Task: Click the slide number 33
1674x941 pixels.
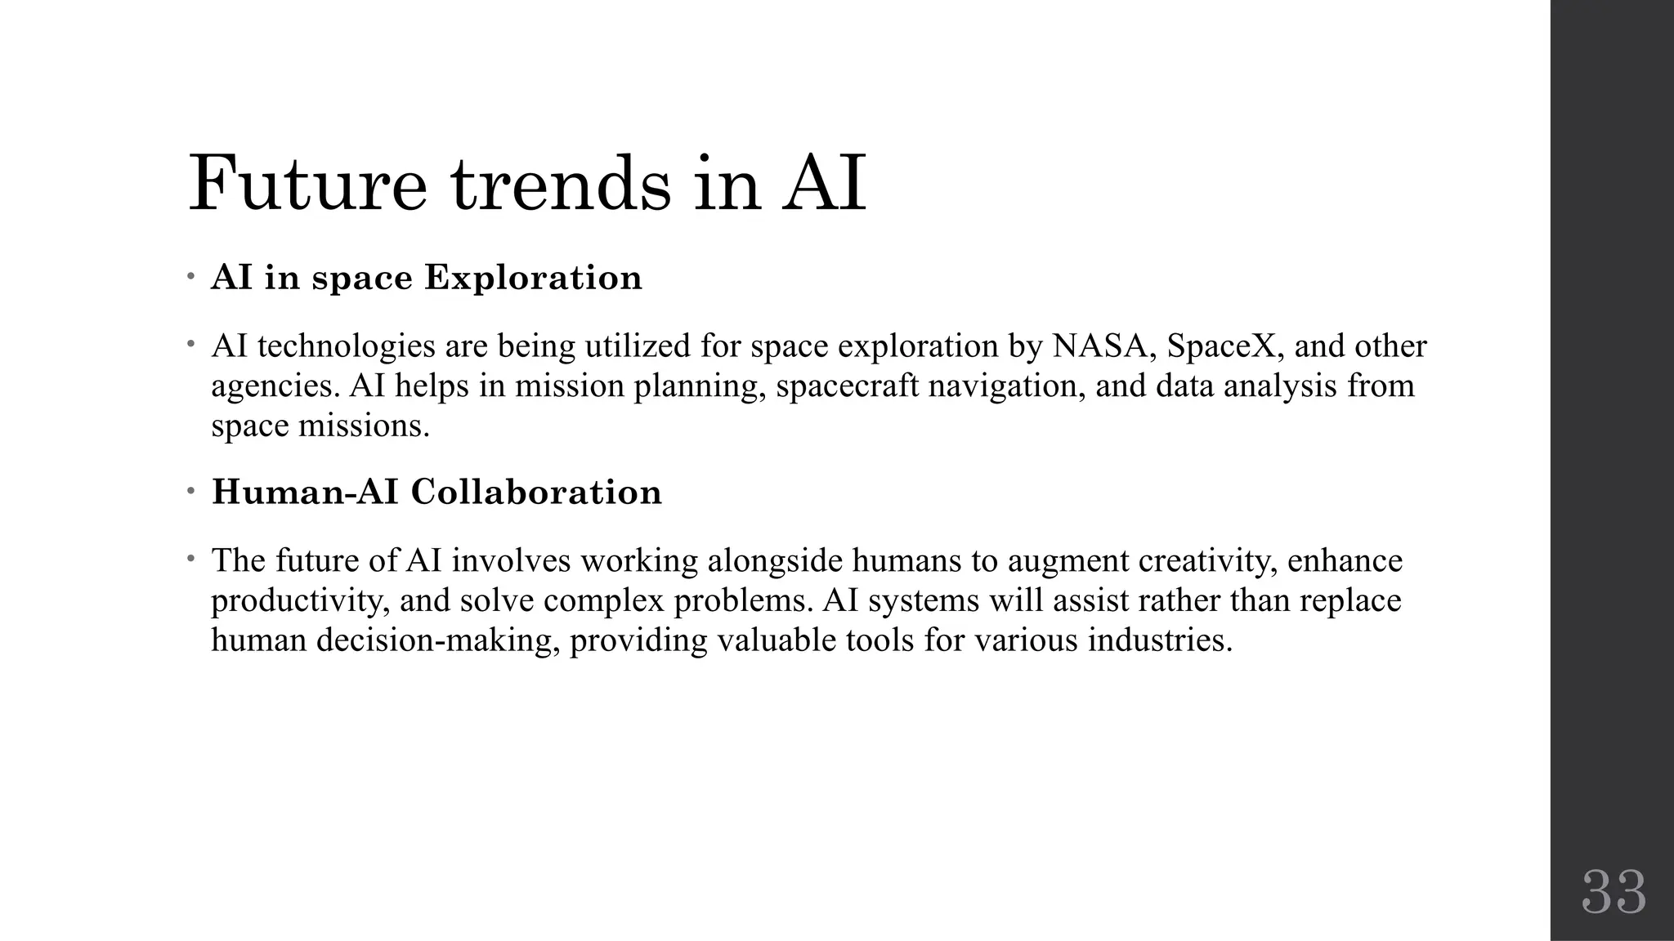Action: (x=1614, y=893)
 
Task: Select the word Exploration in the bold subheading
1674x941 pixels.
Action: (x=533, y=278)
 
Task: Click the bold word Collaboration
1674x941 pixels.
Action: (x=536, y=492)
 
